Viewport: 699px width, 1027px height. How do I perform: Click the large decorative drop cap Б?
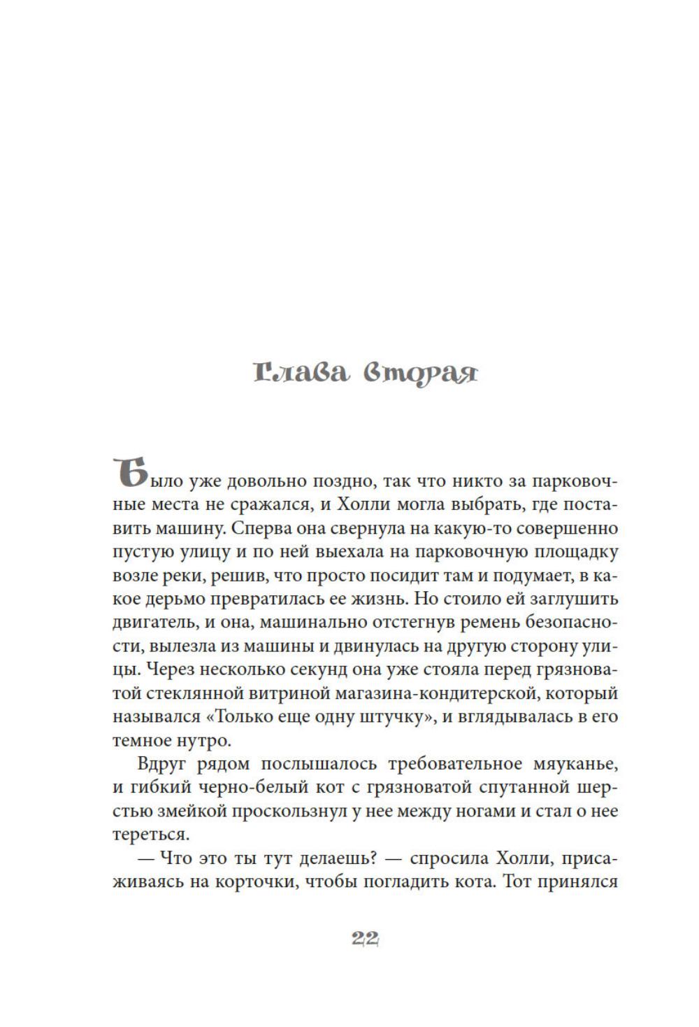pos(129,474)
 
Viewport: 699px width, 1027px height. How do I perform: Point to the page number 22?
pos(365,940)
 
